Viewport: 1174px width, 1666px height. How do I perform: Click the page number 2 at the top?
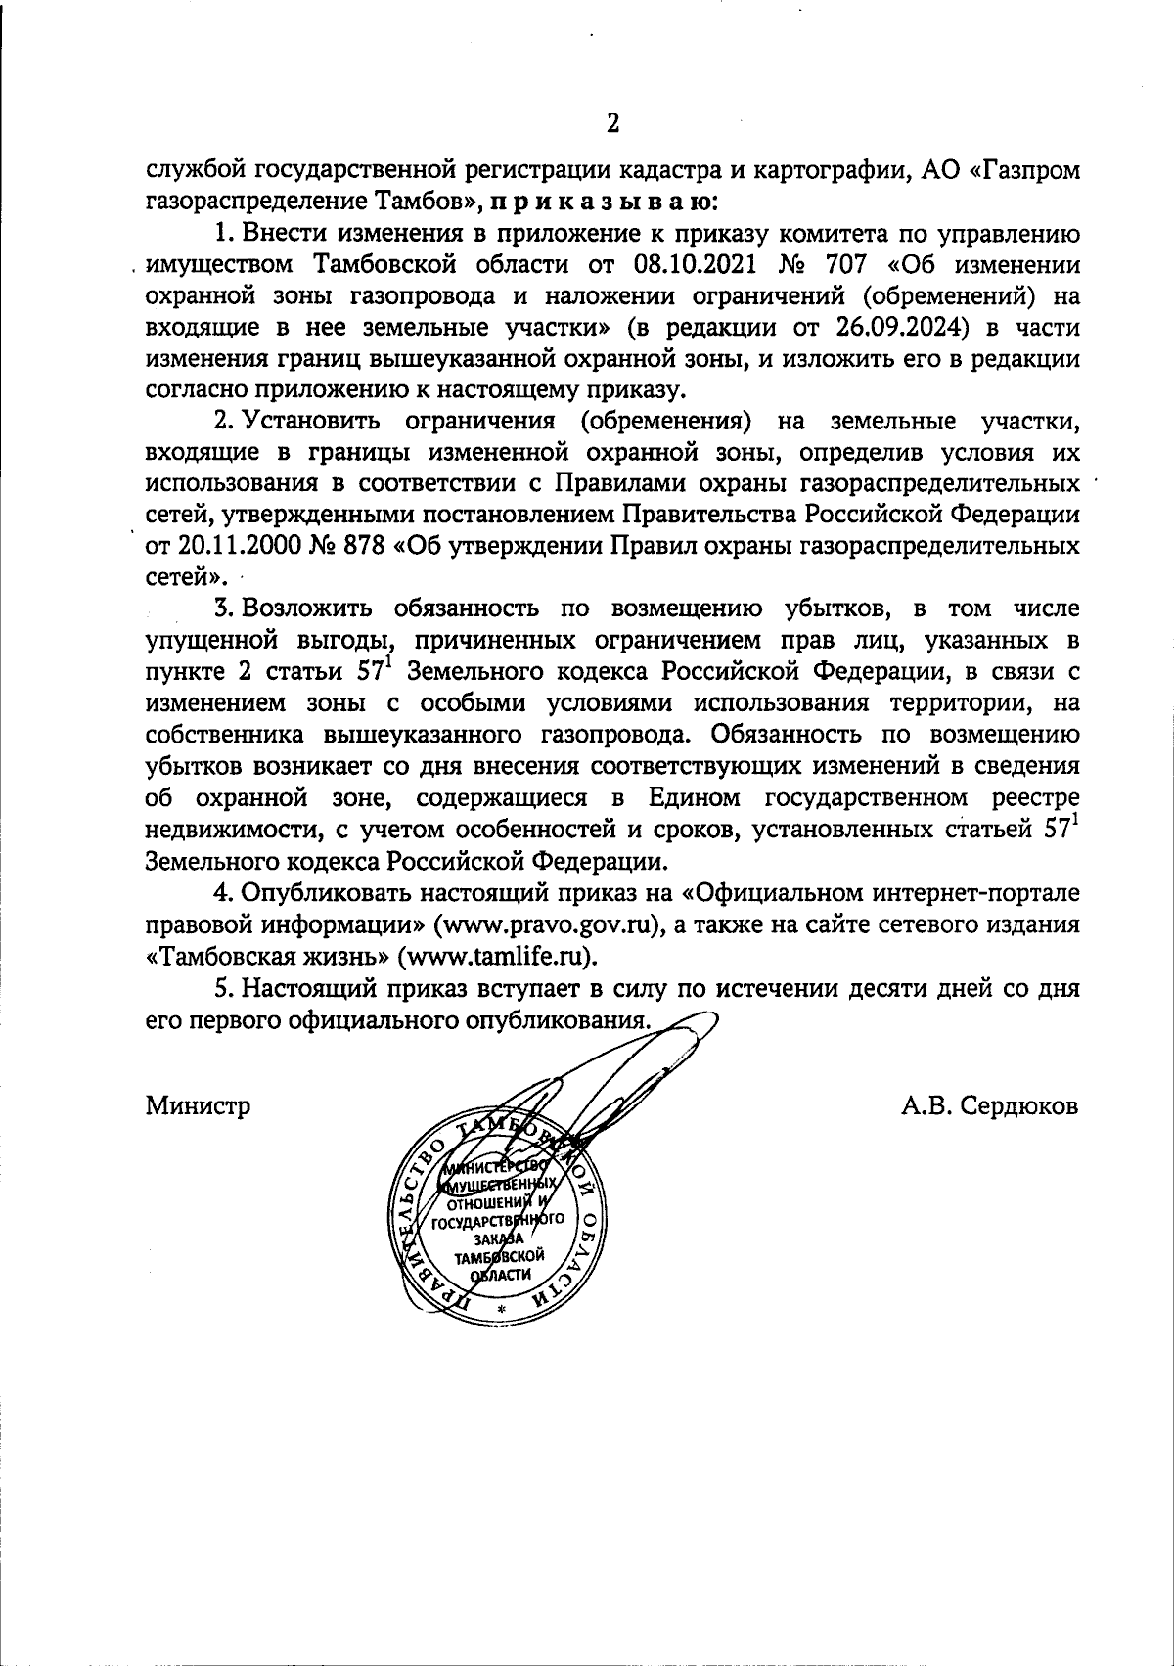tap(613, 122)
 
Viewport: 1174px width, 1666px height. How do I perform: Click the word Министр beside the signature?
tap(199, 1106)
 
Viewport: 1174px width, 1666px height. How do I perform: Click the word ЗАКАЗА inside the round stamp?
tap(499, 1238)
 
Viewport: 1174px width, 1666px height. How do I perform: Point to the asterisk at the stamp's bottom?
tap(502, 1309)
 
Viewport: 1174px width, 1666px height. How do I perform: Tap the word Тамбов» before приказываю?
tap(429, 203)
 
